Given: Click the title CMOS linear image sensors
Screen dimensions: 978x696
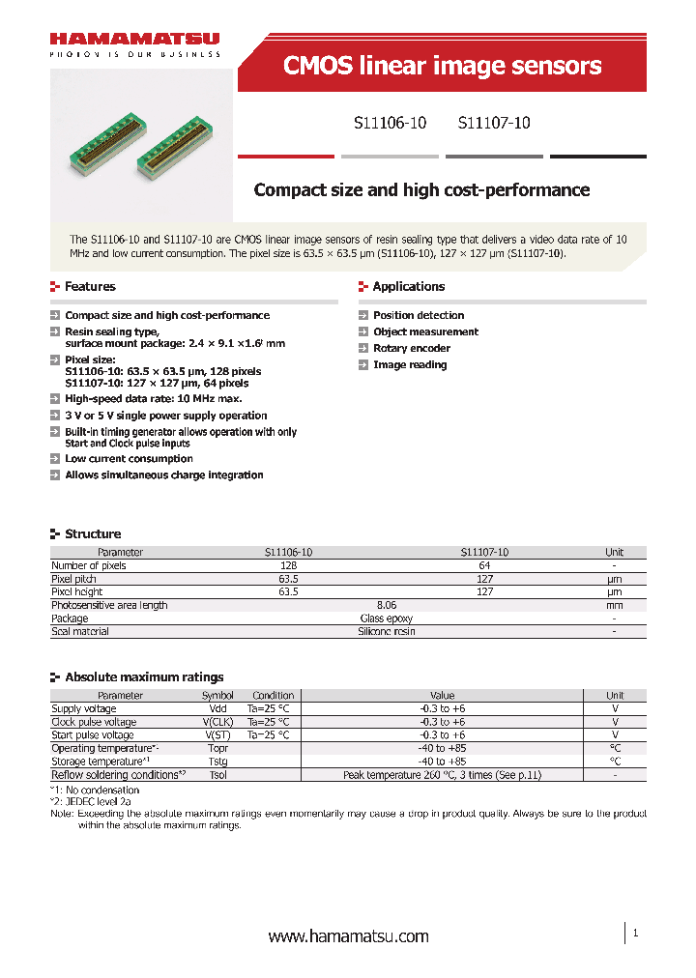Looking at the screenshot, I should coord(442,66).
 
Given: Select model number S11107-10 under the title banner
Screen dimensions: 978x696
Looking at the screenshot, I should coord(494,124).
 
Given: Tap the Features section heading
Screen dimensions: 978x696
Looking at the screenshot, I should coord(90,287).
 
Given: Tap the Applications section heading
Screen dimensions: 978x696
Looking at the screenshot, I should coord(409,287).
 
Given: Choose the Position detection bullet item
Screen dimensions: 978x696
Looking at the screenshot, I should coord(419,315).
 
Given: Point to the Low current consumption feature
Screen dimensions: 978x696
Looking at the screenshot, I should coord(129,459).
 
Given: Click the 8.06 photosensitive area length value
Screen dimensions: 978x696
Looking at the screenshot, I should coord(387,605).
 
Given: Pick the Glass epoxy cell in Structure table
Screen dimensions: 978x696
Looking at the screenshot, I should coord(387,618).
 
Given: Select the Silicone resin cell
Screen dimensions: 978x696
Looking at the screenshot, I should coord(387,631).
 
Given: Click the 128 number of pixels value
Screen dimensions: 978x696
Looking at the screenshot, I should coord(288,565).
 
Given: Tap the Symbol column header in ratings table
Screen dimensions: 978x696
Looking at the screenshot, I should coord(217,696).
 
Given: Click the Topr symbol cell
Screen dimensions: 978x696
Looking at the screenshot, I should coord(217,748).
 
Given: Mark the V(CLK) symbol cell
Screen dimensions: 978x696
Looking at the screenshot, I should coord(217,722).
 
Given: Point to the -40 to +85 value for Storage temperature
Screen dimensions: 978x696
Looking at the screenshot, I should coord(442,761).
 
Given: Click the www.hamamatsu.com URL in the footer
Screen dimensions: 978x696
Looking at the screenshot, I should coord(348,936).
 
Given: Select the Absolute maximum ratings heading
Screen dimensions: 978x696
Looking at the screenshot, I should coord(144,677).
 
